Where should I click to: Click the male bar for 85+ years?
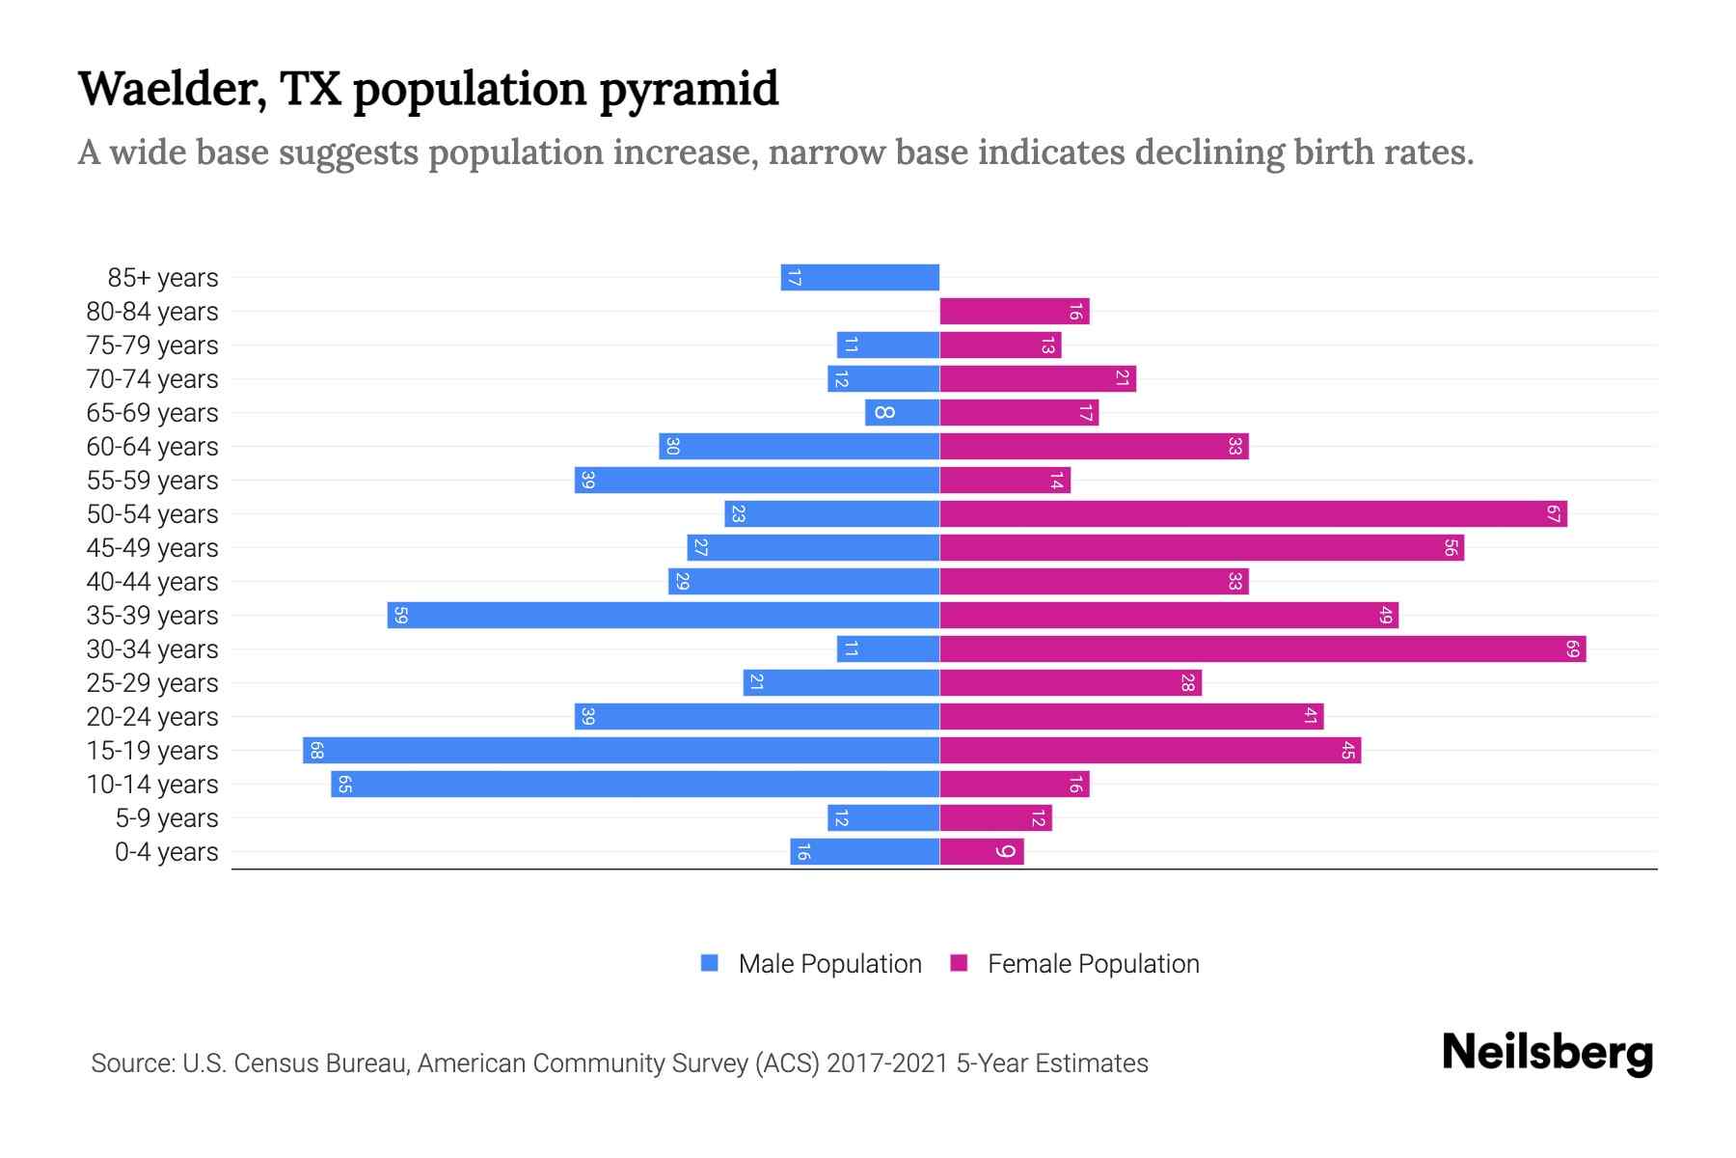[x=859, y=278]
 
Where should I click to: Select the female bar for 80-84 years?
[x=1014, y=312]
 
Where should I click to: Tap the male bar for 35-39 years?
[x=664, y=616]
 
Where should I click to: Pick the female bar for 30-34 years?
[x=1262, y=649]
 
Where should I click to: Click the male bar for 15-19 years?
[x=621, y=751]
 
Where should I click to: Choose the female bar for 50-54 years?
[x=1253, y=514]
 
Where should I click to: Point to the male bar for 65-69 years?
[x=902, y=413]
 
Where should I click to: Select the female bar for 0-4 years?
[x=981, y=852]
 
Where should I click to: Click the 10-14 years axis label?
[x=152, y=785]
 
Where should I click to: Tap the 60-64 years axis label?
[x=152, y=447]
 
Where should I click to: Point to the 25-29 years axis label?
[x=152, y=683]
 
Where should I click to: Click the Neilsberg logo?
[x=1547, y=1053]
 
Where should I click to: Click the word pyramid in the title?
[x=689, y=91]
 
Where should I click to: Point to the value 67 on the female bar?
[x=1553, y=514]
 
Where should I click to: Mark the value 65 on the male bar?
[x=344, y=785]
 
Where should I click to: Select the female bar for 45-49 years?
[x=1202, y=548]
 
